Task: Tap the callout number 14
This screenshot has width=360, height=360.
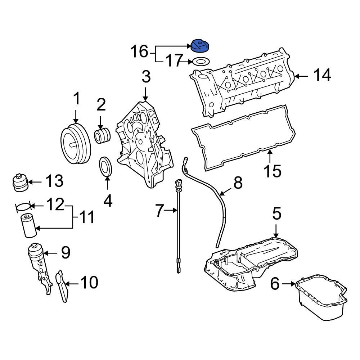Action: (x=321, y=76)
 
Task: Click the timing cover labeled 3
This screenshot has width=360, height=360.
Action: (x=141, y=144)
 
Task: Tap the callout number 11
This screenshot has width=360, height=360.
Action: (x=85, y=217)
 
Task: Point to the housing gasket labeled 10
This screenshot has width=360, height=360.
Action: (x=62, y=287)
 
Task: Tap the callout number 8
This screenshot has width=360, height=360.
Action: (x=238, y=183)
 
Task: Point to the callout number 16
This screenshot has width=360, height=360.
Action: (x=139, y=51)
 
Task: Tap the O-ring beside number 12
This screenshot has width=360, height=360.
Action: (x=23, y=206)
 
